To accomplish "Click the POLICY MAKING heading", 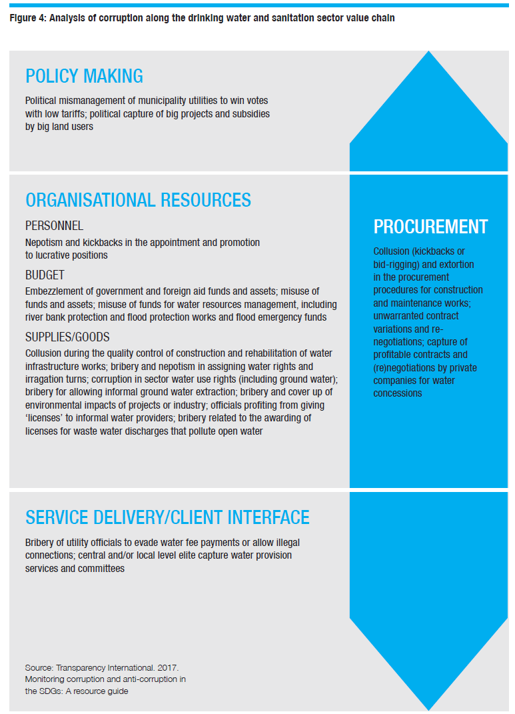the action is (x=84, y=76).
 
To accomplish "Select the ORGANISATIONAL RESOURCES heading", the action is (x=139, y=200).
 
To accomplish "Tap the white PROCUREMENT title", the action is (x=430, y=226).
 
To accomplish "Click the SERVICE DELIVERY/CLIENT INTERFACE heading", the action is (x=167, y=517).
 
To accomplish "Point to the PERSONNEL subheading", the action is (x=54, y=226).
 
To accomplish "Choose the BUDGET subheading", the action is (x=45, y=275).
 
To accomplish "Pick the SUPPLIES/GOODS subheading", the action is (x=67, y=337).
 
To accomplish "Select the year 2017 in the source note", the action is (x=168, y=667).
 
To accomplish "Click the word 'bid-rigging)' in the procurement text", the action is (x=396, y=265).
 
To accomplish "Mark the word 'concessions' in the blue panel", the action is (x=398, y=393).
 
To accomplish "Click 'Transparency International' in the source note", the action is (x=105, y=668).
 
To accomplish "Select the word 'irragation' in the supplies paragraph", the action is (x=43, y=379).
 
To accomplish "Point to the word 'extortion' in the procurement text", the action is (x=456, y=265).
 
